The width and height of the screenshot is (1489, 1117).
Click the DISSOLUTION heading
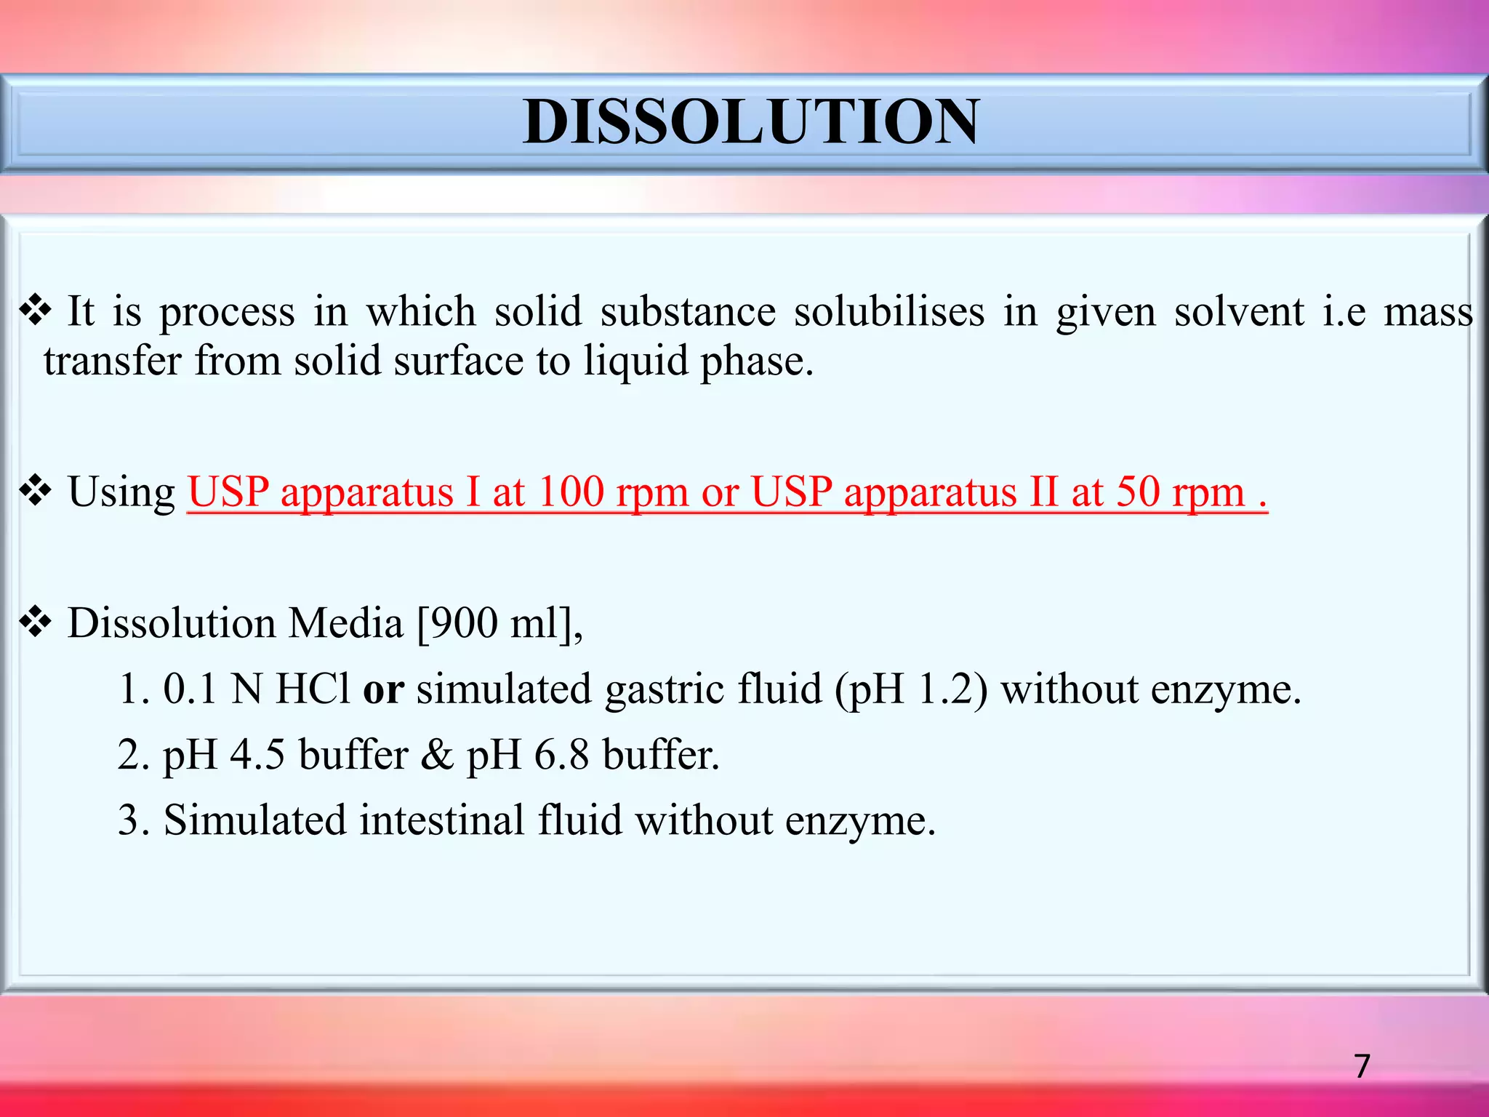pyautogui.click(x=750, y=121)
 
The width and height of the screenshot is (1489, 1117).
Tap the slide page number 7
pyautogui.click(x=1362, y=1066)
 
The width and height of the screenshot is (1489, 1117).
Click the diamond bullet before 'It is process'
pyautogui.click(x=35, y=311)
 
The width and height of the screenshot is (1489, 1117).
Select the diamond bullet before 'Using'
pyautogui.click(x=35, y=492)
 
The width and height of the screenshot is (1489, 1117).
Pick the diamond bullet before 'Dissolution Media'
pyautogui.click(x=35, y=622)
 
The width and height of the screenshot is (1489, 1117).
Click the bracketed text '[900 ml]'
pyautogui.click(x=499, y=624)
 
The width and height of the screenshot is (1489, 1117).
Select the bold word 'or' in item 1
pyautogui.click(x=383, y=689)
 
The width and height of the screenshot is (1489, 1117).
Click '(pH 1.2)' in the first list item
pyautogui.click(x=911, y=689)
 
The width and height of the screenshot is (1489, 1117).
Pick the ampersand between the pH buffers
pyautogui.click(x=436, y=755)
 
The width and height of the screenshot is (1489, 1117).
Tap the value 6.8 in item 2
pyautogui.click(x=561, y=755)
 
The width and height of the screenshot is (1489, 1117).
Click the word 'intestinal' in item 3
pyautogui.click(x=441, y=820)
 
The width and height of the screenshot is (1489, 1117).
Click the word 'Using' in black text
pyautogui.click(x=121, y=493)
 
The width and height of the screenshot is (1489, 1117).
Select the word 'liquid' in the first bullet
pyautogui.click(x=635, y=361)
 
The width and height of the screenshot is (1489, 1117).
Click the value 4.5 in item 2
pyautogui.click(x=257, y=755)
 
